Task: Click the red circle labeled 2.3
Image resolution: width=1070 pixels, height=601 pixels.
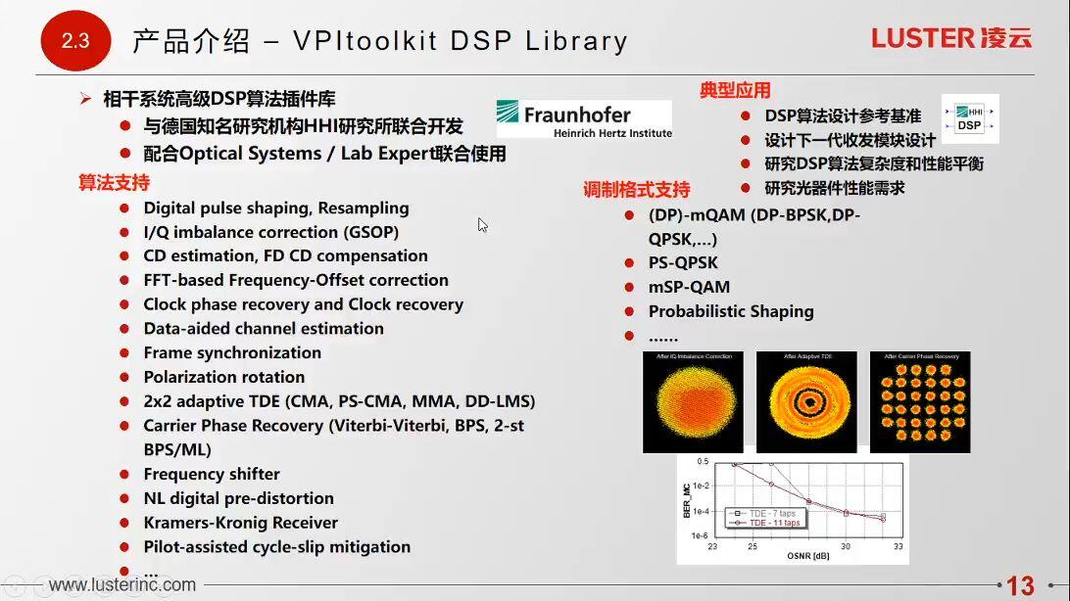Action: click(x=74, y=41)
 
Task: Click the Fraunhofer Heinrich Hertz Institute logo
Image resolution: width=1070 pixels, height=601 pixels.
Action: click(x=584, y=118)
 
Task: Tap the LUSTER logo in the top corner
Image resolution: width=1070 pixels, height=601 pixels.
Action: click(x=950, y=38)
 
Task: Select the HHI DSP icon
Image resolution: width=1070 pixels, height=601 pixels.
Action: click(x=969, y=119)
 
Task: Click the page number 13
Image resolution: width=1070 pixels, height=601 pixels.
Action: click(x=1020, y=585)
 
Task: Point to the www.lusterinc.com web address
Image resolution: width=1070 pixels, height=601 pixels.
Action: click(x=122, y=585)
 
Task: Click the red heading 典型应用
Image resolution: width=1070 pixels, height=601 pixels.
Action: click(x=735, y=91)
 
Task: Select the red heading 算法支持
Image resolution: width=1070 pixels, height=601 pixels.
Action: click(x=114, y=183)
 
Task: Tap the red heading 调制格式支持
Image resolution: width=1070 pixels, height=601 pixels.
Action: click(x=637, y=190)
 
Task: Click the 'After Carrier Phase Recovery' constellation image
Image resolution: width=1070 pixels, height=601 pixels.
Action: click(x=919, y=401)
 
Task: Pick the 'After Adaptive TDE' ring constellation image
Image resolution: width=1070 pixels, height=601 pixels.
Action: click(x=806, y=401)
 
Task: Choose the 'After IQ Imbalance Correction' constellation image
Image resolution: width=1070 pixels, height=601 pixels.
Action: click(x=693, y=401)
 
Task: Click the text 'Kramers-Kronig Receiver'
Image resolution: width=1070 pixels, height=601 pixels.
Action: click(x=240, y=523)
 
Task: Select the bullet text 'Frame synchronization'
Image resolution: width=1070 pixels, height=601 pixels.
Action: click(x=232, y=352)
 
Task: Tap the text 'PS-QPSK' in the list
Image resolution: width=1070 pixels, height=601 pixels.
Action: click(x=683, y=262)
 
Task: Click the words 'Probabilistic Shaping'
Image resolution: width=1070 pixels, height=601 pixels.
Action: click(x=731, y=311)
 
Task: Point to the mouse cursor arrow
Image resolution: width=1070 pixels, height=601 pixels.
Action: click(x=482, y=224)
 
